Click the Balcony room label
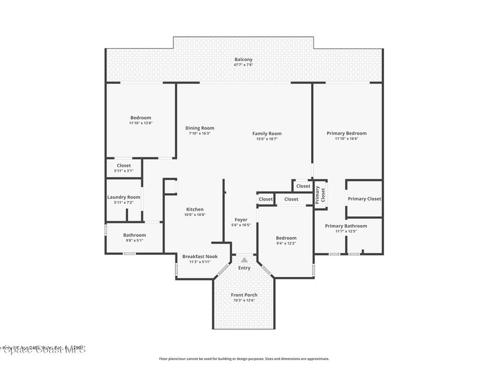pos(243,60)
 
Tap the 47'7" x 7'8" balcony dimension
pos(243,65)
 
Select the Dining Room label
pos(200,128)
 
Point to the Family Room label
pos(267,133)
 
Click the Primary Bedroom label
pos(346,133)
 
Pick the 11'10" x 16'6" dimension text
pos(346,139)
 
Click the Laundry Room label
pos(123,197)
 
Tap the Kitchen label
pos(194,209)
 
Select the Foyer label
pos(241,220)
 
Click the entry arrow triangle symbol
pos(244,260)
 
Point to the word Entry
pos(244,268)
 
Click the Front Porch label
pos(244,295)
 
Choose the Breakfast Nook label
pos(200,256)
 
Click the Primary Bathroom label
pos(346,226)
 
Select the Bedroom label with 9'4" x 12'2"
pos(286,238)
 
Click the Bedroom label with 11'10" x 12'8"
pos(141,118)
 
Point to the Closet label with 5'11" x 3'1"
pos(123,165)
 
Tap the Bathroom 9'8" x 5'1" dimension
pos(134,240)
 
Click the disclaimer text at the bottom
pos(244,359)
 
